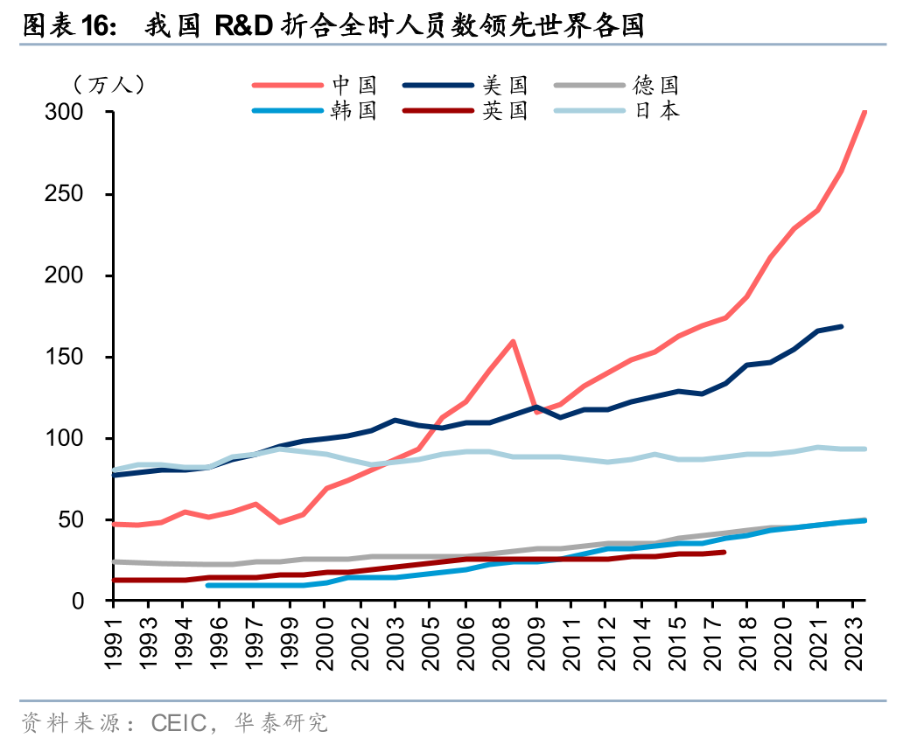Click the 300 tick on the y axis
pos(77,113)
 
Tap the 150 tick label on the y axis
pos(77,357)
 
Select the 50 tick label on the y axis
pos(83,519)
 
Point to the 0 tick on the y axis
pos(89,602)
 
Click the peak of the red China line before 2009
pos(513,341)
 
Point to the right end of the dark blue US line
pos(841,326)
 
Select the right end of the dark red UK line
pos(724,552)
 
